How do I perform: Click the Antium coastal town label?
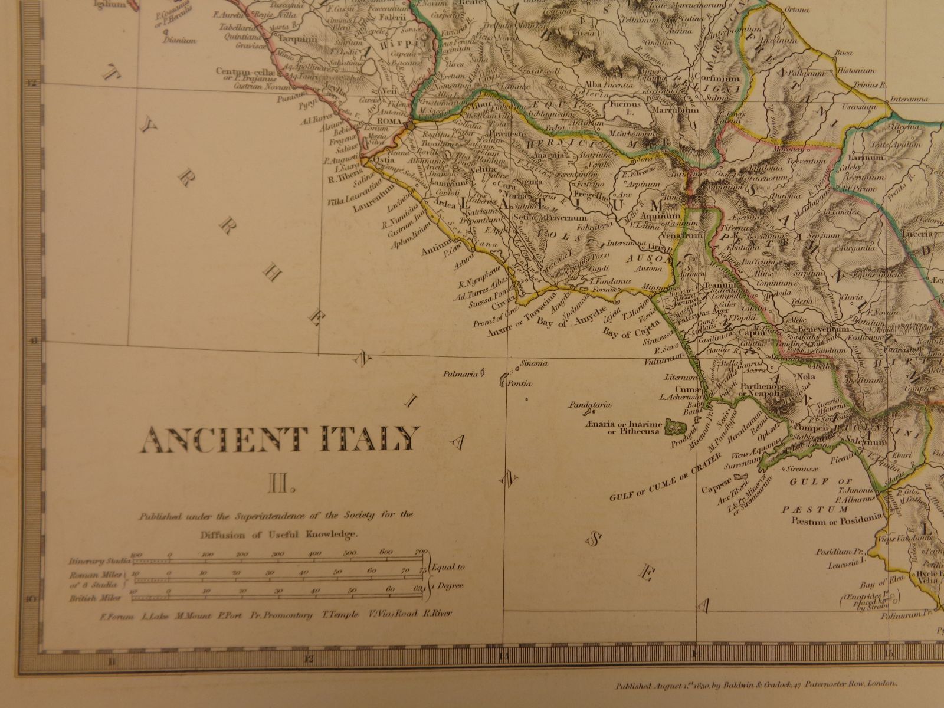pos(434,251)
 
